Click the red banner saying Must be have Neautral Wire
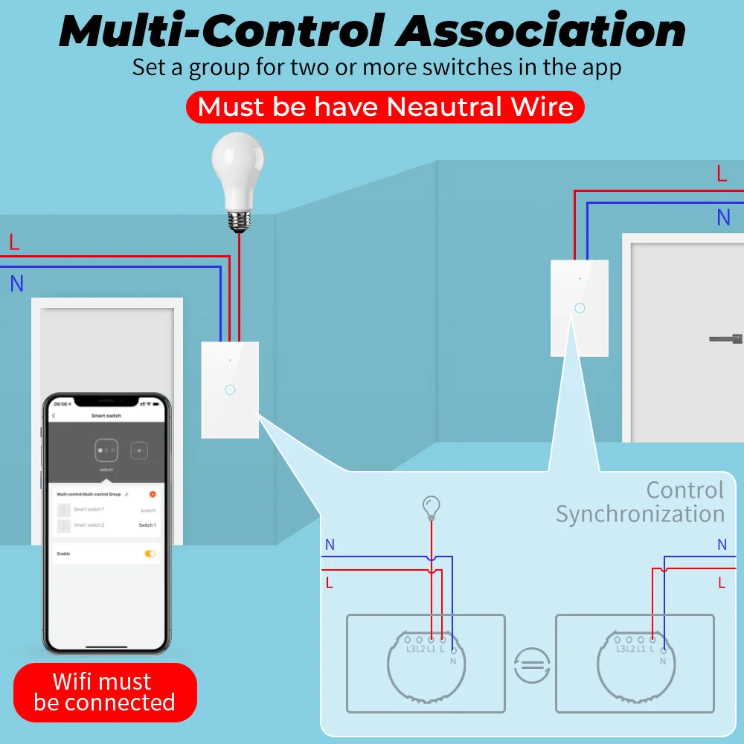click(x=385, y=107)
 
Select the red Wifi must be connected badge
click(x=105, y=692)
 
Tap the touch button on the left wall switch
click(x=230, y=390)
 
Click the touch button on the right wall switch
click(x=580, y=307)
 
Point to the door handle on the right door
click(x=725, y=339)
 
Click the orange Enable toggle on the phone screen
click(x=150, y=554)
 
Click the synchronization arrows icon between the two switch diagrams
click(x=532, y=664)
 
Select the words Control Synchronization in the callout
click(x=641, y=502)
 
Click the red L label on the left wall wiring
click(x=14, y=242)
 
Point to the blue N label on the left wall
click(x=16, y=283)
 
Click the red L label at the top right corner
click(x=722, y=174)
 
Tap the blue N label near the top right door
click(x=723, y=218)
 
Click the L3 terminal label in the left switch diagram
click(x=410, y=649)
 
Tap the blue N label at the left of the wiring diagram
click(x=330, y=545)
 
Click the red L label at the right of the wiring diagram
click(x=722, y=583)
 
